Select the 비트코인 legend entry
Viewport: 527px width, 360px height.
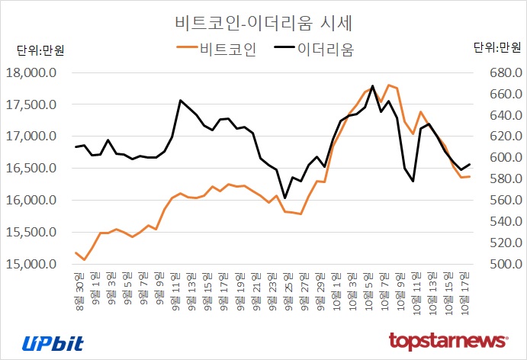217,50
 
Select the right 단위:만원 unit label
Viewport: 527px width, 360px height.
496,48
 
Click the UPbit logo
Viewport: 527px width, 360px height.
53,342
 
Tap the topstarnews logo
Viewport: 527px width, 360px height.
448,339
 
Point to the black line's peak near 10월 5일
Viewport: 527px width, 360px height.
372,85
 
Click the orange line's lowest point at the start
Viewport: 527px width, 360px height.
84,260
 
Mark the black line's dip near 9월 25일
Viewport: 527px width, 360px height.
284,198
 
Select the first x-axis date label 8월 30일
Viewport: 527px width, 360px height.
76,284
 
